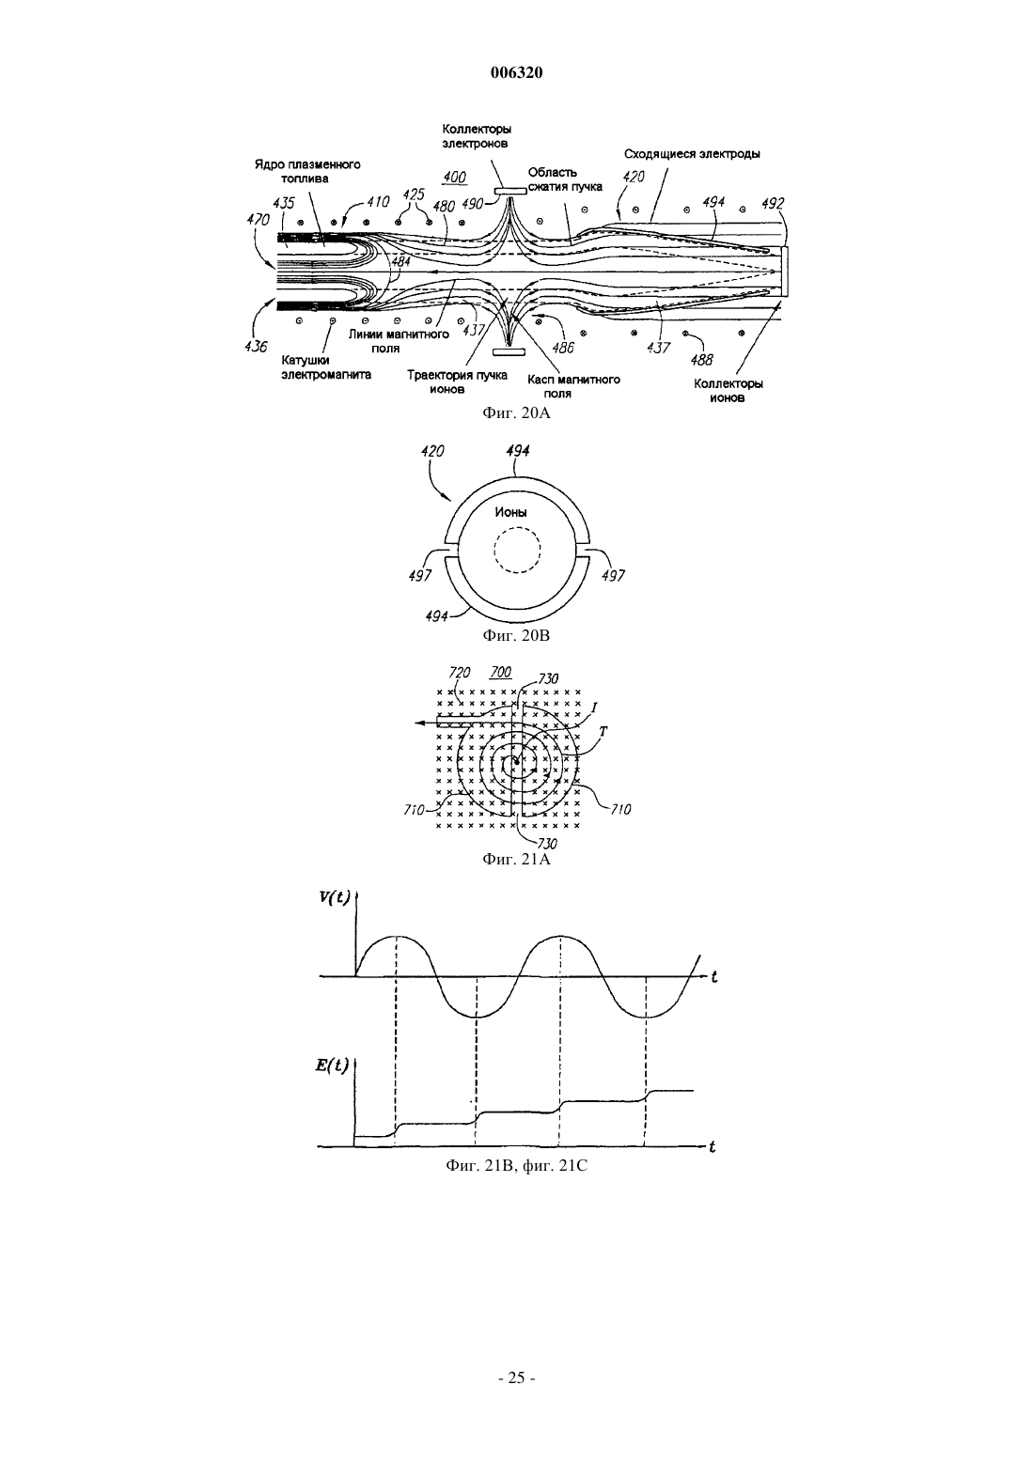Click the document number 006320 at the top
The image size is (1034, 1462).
pyautogui.click(x=516, y=72)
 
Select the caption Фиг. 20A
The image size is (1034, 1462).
pyautogui.click(x=516, y=412)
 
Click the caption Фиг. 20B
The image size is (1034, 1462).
pyautogui.click(x=516, y=635)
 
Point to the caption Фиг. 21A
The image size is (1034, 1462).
pyautogui.click(x=516, y=859)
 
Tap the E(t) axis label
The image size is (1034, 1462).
pyautogui.click(x=332, y=1065)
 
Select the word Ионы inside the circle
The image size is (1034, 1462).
pyautogui.click(x=510, y=512)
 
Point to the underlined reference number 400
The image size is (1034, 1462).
pyautogui.click(x=454, y=178)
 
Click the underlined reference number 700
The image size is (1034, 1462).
pyautogui.click(x=500, y=672)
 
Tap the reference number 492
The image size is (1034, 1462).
pyautogui.click(x=773, y=204)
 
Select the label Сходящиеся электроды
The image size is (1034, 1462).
pyautogui.click(x=692, y=154)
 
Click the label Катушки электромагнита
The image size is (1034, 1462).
pyautogui.click(x=326, y=367)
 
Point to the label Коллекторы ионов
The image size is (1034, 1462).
pyautogui.click(x=728, y=390)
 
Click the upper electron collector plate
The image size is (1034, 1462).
pyautogui.click(x=509, y=192)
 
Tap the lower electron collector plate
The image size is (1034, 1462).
pyautogui.click(x=509, y=352)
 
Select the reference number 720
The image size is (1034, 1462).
pyautogui.click(x=460, y=672)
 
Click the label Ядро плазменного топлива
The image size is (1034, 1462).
pyautogui.click(x=306, y=171)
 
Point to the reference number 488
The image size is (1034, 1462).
pyautogui.click(x=702, y=360)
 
